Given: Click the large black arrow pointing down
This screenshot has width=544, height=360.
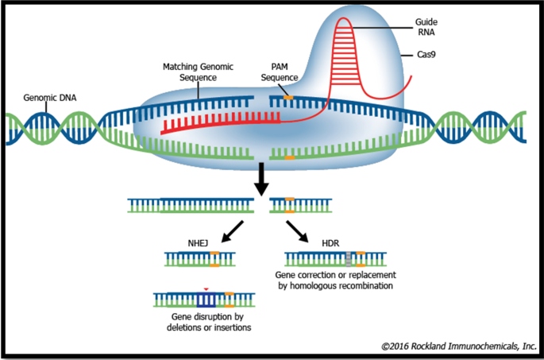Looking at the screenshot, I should [x=259, y=180].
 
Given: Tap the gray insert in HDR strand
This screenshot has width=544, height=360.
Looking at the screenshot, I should [x=347, y=259].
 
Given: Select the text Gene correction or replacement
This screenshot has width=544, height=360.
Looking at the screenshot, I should [x=336, y=274].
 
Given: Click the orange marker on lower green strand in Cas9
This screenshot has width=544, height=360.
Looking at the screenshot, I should [x=289, y=157].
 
